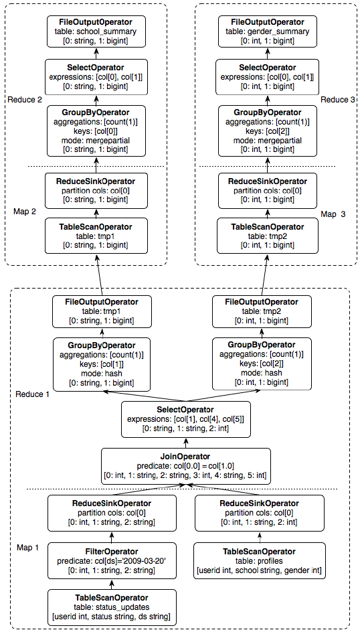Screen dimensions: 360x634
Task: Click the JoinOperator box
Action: [186, 466]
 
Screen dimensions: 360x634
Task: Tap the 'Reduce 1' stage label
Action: [32, 394]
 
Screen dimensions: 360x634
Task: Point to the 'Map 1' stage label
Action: [28, 548]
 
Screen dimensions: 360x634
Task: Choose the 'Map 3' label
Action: [333, 214]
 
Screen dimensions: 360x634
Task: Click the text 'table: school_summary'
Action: [96, 31]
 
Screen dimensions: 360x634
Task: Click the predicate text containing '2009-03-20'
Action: [112, 560]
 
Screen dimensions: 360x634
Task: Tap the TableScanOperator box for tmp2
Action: [266, 235]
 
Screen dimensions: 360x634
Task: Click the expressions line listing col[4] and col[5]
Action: [186, 420]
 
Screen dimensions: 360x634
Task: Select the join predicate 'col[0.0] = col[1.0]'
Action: [186, 466]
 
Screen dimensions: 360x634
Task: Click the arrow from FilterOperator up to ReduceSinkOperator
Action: [112, 537]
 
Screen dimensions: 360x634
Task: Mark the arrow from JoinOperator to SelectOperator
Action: [186, 443]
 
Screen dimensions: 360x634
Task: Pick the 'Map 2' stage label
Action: [25, 212]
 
